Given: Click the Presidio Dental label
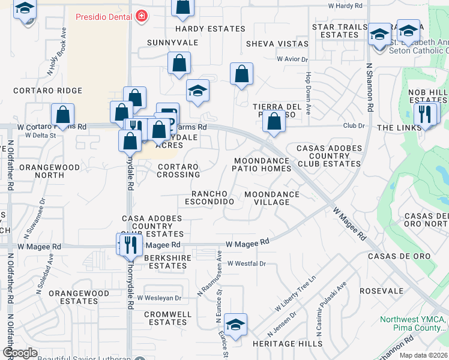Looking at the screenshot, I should pyautogui.click(x=103, y=16).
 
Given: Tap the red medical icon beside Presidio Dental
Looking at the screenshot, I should pyautogui.click(x=141, y=16).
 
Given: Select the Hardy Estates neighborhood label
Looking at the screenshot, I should pyautogui.click(x=210, y=29).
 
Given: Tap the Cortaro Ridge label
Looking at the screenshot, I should pyautogui.click(x=48, y=91).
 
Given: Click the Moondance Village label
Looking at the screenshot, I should pyautogui.click(x=272, y=199).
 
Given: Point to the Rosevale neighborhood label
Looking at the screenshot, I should pyautogui.click(x=382, y=291).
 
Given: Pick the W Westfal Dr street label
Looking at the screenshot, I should pyautogui.click(x=246, y=263).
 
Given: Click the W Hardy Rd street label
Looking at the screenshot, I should pyautogui.click(x=345, y=5).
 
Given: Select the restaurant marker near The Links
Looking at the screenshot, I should pyautogui.click(x=426, y=113).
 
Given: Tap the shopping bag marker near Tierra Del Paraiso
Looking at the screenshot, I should pyautogui.click(x=274, y=122).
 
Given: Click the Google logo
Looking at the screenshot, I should pyautogui.click(x=20, y=353).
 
